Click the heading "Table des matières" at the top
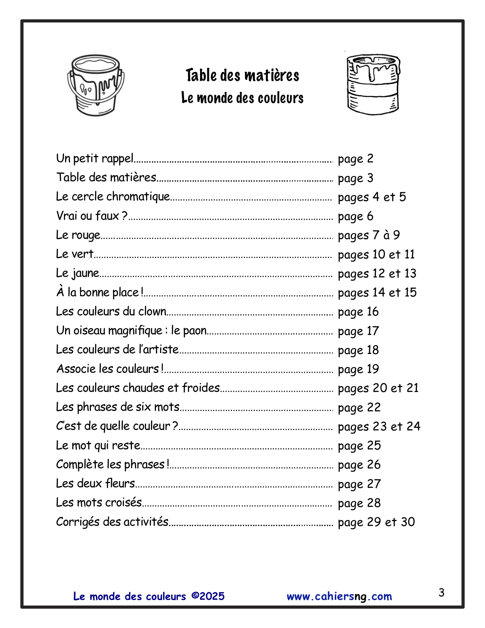242,75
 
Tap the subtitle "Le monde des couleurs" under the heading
242,98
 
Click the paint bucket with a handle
96,85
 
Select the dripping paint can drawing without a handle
373,84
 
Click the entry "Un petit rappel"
95,158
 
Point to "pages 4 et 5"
372,197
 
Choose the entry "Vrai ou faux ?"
92,216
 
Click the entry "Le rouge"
78,235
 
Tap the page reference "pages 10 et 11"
376,254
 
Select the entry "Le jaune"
78,273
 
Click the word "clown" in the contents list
152,311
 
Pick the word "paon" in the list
194,331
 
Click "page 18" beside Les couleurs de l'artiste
358,350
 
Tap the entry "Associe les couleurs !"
110,369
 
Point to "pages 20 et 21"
378,388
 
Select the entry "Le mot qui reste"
98,445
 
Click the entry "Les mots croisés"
99,502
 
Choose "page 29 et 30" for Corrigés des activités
376,522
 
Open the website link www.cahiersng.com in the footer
339,596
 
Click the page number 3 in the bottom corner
441,593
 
